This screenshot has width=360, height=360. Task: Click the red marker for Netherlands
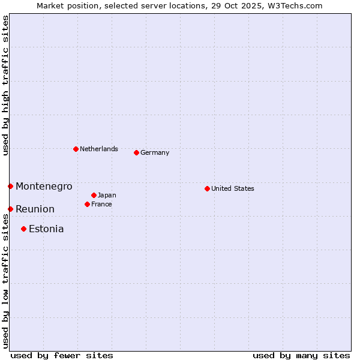pos(76,149)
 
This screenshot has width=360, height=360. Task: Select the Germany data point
pos(136,152)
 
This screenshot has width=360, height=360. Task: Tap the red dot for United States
pos(207,188)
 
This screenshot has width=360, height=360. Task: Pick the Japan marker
pos(94,195)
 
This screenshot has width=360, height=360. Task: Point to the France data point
pos(87,204)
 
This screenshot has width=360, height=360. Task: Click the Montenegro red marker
pos(10,186)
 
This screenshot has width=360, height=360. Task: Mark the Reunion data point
pos(10,209)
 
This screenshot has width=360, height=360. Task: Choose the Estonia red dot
pos(23,229)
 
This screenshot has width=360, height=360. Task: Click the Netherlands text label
pos(99,149)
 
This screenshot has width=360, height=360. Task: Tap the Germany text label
pos(155,152)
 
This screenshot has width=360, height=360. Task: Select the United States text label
pos(233,188)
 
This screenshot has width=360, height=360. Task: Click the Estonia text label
pos(46,229)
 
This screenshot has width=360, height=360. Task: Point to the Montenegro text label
pos(44,186)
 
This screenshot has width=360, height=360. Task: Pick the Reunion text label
pos(35,209)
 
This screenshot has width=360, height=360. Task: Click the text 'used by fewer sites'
pos(62,355)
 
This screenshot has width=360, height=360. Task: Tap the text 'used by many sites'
pos(301,355)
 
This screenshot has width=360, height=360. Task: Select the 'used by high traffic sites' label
pos(5,86)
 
